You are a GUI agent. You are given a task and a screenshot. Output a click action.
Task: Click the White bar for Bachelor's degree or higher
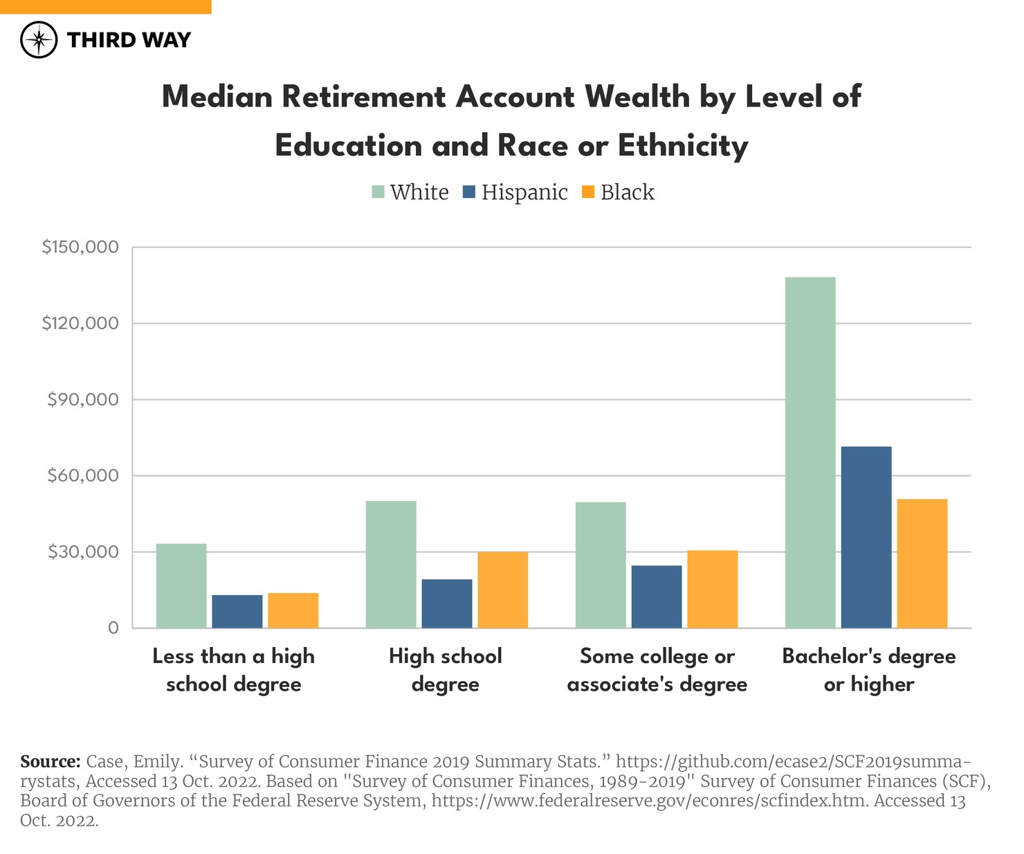pyautogui.click(x=810, y=453)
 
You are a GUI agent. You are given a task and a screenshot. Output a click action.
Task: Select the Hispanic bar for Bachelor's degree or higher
pyautogui.click(x=866, y=537)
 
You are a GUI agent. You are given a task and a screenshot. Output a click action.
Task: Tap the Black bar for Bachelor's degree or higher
pyautogui.click(x=922, y=563)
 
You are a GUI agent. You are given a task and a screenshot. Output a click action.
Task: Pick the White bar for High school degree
pyautogui.click(x=391, y=564)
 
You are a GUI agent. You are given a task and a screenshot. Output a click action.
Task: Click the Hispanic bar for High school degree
pyautogui.click(x=447, y=603)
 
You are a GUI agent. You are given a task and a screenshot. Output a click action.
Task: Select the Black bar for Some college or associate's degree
pyautogui.click(x=713, y=589)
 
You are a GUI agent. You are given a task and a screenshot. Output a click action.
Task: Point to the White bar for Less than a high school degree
pyautogui.click(x=181, y=585)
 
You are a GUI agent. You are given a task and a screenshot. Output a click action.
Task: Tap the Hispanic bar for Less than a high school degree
pyautogui.click(x=237, y=611)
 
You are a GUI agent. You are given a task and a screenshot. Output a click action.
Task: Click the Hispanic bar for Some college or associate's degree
pyautogui.click(x=657, y=597)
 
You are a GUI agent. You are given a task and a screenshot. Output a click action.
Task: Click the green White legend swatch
pyautogui.click(x=378, y=192)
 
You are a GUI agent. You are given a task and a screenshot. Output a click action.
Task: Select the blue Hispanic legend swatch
pyautogui.click(x=469, y=192)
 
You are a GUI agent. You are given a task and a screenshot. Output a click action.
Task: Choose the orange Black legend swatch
pyautogui.click(x=588, y=192)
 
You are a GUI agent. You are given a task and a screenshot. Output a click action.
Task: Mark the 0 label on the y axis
pyautogui.click(x=113, y=628)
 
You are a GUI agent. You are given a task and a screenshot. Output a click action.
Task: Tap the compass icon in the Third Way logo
pyautogui.click(x=39, y=39)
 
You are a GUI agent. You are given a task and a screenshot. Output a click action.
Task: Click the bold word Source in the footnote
pyautogui.click(x=51, y=762)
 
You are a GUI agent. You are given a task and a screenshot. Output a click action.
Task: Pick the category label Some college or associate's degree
pyautogui.click(x=657, y=670)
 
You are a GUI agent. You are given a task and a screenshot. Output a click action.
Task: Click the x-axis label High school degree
pyautogui.click(x=446, y=670)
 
